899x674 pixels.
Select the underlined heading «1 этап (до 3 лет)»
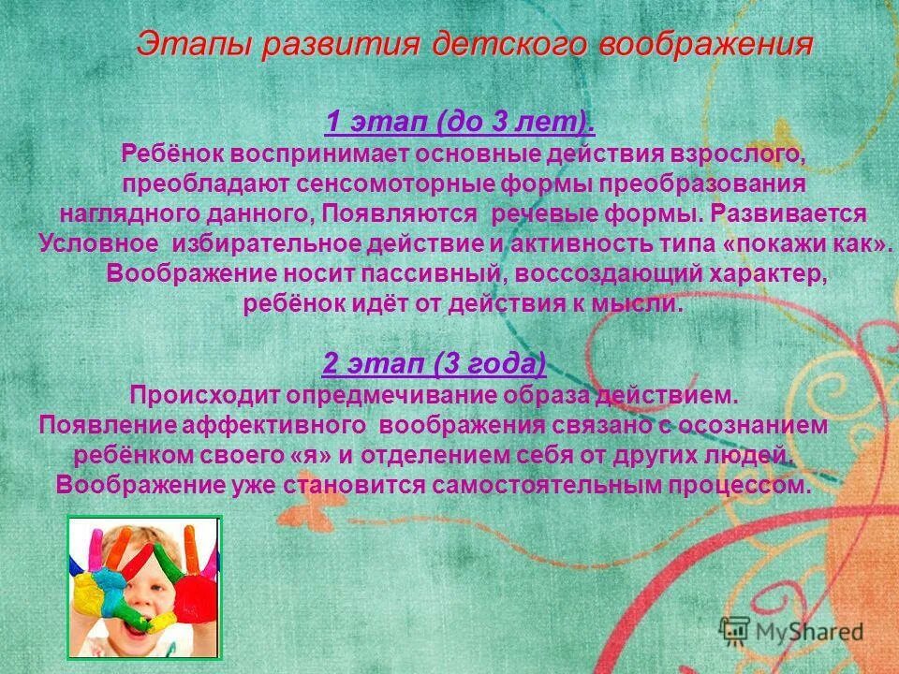point(459,123)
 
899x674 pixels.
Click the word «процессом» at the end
point(753,486)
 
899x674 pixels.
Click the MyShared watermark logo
point(792,630)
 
